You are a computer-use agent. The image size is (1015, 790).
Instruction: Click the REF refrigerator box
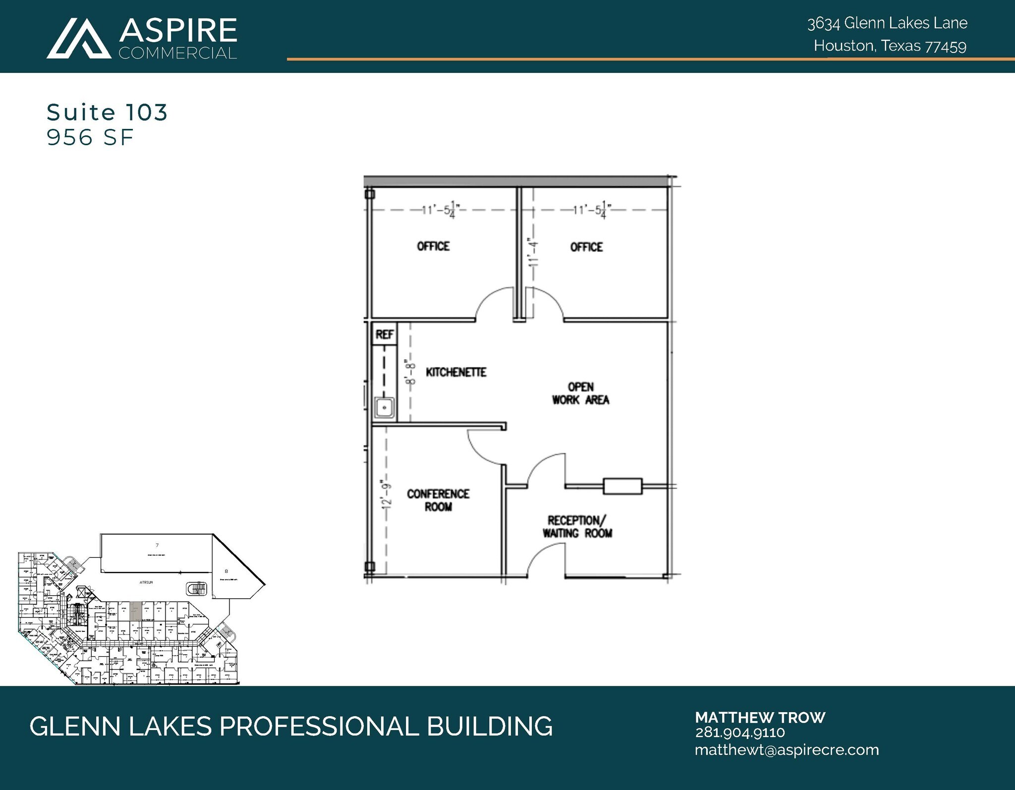tap(384, 335)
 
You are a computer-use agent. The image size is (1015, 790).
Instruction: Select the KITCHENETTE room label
tap(456, 372)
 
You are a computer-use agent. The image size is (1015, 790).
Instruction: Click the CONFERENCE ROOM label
tap(438, 500)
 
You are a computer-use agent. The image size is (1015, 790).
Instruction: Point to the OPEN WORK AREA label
tap(580, 394)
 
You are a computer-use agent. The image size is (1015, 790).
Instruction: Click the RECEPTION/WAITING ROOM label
tap(577, 527)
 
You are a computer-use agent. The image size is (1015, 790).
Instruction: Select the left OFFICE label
tap(433, 246)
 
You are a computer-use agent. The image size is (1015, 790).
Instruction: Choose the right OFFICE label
tap(586, 247)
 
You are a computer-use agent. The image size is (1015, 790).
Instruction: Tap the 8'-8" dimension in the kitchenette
tap(410, 372)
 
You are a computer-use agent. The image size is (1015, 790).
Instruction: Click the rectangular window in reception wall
tap(622, 486)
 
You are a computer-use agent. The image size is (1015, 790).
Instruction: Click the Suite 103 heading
tap(107, 113)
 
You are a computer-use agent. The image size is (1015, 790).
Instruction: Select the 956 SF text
tap(90, 138)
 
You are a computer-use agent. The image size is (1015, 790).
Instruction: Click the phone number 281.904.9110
tap(739, 733)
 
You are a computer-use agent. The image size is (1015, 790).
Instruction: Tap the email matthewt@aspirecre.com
tap(787, 750)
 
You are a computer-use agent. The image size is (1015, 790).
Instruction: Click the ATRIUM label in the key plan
tap(146, 582)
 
